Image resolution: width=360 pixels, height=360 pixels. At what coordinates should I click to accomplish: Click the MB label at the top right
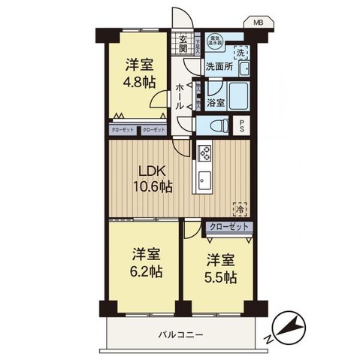point(259,22)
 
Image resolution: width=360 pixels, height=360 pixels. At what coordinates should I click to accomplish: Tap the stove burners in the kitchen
point(204,153)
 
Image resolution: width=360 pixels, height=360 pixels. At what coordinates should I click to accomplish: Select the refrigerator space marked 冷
point(240,209)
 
